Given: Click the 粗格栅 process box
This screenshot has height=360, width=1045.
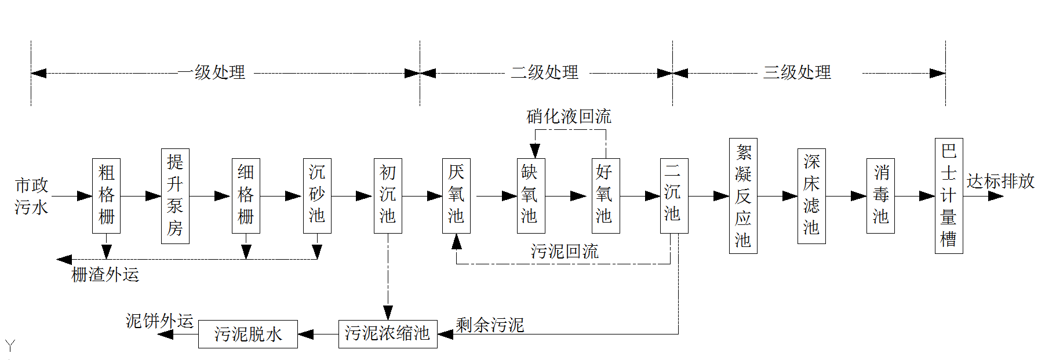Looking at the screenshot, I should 106,195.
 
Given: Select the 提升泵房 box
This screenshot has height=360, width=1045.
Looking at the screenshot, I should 175,195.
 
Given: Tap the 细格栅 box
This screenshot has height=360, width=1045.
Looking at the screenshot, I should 246,195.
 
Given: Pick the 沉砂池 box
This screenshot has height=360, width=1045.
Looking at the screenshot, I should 317,195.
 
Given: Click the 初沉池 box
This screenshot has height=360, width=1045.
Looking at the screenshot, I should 388,195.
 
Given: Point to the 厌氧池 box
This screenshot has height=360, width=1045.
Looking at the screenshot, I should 456,195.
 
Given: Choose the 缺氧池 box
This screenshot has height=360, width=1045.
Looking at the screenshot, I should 530,195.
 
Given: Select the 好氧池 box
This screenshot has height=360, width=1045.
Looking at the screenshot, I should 605,195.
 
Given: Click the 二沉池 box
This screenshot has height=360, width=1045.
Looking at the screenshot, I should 673,195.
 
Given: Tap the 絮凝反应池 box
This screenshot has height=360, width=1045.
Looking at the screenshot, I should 743,195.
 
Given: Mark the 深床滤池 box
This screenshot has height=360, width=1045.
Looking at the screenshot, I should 811,195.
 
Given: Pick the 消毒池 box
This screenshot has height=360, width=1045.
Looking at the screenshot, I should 880,195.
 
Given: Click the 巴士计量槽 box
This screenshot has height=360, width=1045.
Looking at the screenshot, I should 949,195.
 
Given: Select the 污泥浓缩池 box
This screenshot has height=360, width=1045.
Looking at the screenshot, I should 388,333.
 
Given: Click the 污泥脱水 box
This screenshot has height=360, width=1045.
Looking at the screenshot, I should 247,334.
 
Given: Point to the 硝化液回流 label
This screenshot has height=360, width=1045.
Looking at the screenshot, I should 569,117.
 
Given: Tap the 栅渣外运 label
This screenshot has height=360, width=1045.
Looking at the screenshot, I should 105,274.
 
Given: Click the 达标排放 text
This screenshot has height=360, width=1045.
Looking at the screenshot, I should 1000,181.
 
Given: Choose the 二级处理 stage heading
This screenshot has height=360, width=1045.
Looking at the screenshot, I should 544,72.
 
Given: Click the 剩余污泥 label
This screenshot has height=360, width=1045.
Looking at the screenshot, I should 490,325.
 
